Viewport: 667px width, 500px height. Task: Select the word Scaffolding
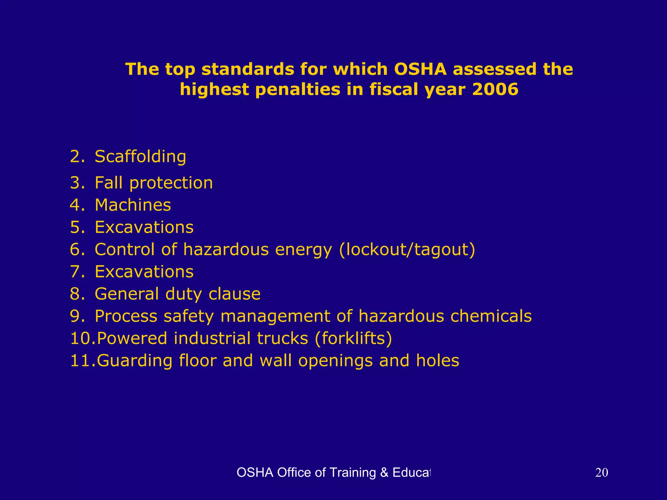click(140, 157)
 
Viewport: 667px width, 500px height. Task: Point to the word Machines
click(133, 205)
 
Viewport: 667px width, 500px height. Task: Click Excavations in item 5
click(144, 227)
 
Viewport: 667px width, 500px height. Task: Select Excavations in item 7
click(144, 272)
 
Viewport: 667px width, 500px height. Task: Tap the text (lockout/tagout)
click(407, 250)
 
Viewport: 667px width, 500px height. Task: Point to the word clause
click(234, 294)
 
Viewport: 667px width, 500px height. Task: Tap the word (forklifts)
click(353, 338)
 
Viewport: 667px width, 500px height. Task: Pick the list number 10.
click(82, 338)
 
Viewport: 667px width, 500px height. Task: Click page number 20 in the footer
click(601, 473)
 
